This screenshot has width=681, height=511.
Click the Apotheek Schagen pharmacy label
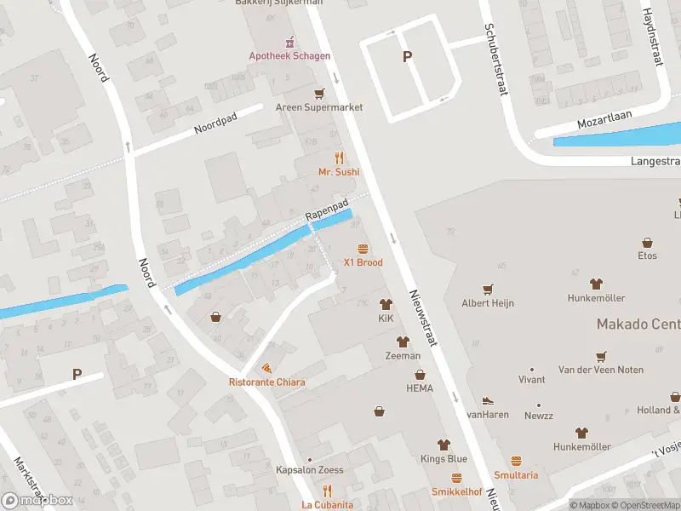(289, 56)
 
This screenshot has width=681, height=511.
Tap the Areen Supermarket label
(319, 107)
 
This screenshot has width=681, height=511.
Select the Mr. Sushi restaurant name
(339, 171)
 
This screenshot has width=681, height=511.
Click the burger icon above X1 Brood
(363, 249)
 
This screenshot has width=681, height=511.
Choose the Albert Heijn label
(488, 302)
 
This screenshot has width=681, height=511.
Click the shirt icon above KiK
(386, 304)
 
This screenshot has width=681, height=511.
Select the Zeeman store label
(403, 355)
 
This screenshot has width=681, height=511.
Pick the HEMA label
(419, 388)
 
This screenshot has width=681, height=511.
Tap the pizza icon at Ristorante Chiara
(266, 368)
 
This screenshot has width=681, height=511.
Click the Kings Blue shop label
(443, 459)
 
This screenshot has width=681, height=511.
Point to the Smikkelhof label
(457, 492)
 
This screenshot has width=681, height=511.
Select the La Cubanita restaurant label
(327, 505)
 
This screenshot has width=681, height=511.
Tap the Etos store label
(648, 255)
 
